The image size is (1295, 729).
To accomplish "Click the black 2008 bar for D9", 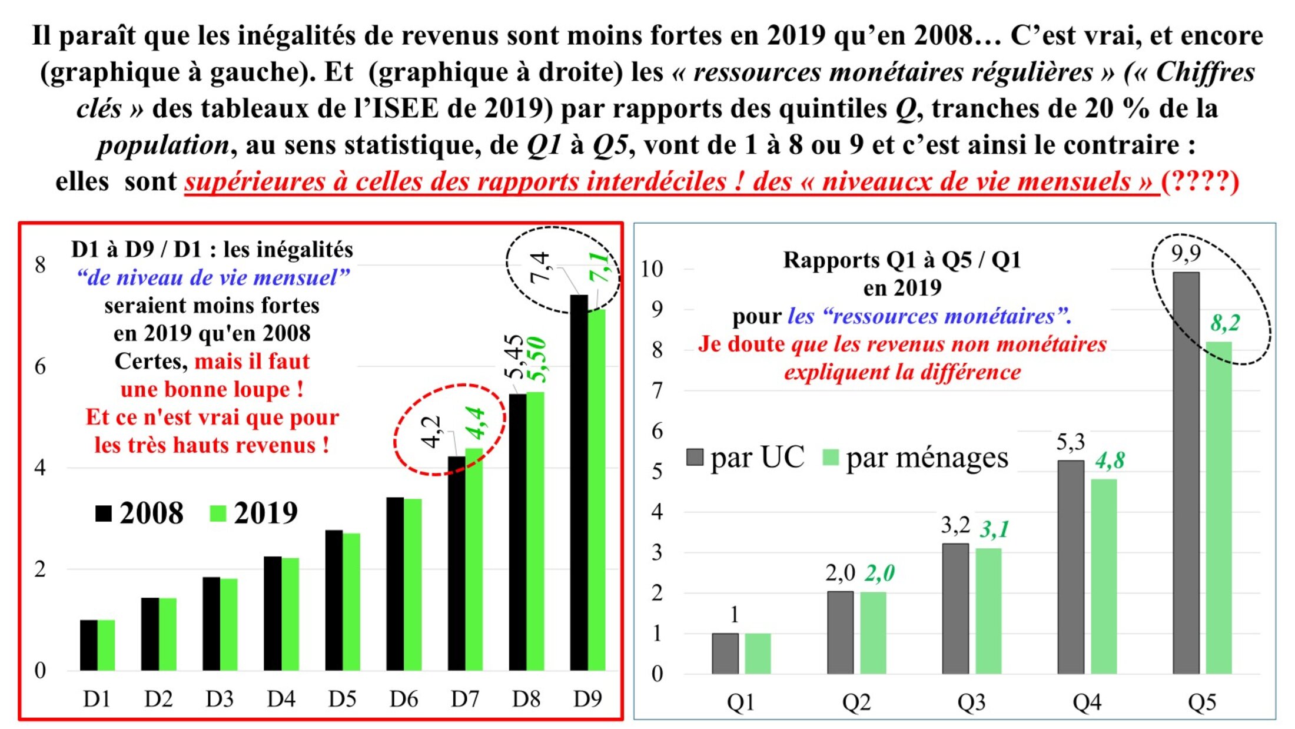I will pos(579,483).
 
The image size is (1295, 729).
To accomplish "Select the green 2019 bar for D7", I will pos(474,559).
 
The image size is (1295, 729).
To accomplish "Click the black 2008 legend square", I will pos(104,513).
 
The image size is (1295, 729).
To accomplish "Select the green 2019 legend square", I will pos(218,513).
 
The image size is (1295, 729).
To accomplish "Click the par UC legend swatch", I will pos(695,458).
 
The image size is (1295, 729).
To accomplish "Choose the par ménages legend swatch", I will pos(830,458).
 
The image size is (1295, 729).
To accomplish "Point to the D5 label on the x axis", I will pos(342,699).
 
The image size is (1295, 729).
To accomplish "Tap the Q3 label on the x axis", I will pos(971,702).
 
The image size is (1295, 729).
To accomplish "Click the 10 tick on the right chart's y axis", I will pos(652,269).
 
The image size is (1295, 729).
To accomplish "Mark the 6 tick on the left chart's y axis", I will pos(40,366).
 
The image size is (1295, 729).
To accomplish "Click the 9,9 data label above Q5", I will pos(1186,254).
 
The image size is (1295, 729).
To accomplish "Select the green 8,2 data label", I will pos(1225,323).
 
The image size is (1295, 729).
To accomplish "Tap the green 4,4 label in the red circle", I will pos(476,423).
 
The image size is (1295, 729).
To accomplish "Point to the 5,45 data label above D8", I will pos(514,356).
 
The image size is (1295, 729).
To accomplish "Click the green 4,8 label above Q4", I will pos(1110,460).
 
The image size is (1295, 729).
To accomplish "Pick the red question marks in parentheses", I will pos(1200,181).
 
